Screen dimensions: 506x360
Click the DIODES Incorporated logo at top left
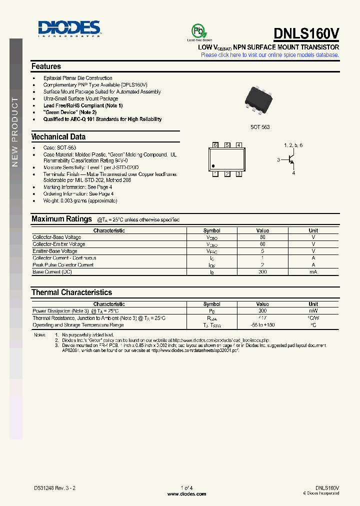click(x=69, y=28)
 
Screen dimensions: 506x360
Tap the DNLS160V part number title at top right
click(x=306, y=33)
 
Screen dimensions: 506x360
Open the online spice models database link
click(x=269, y=55)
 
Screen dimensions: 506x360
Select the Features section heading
click(x=46, y=66)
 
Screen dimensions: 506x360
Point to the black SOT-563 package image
click(x=259, y=100)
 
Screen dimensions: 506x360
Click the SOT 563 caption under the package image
click(x=260, y=127)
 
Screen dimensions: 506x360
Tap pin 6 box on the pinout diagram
click(x=215, y=145)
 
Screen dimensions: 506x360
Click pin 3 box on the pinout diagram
click(x=239, y=174)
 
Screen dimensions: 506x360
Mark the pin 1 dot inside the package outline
click(x=213, y=166)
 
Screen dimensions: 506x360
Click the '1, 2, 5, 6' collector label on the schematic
click(x=293, y=145)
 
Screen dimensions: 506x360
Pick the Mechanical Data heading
click(x=58, y=136)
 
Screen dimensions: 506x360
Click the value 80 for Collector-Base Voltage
click(x=262, y=237)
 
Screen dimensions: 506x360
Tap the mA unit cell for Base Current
click(x=313, y=271)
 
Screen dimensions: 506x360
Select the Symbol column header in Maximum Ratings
click(x=212, y=230)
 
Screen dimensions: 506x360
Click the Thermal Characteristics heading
click(x=71, y=292)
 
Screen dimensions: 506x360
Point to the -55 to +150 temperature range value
click(x=262, y=325)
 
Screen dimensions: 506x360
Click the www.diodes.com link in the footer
click(x=186, y=494)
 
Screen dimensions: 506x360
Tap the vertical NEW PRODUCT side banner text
click(x=15, y=132)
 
